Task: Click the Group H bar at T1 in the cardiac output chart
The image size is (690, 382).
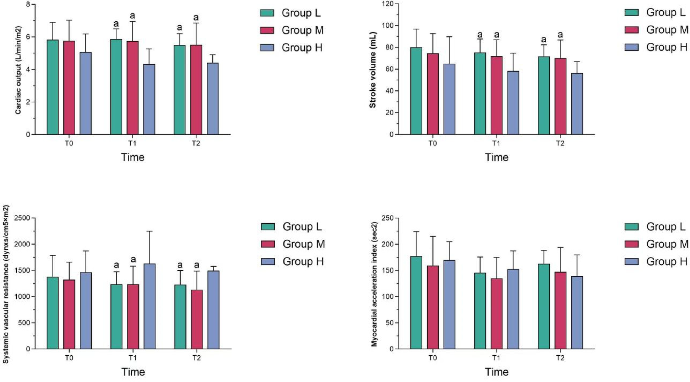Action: click(x=149, y=99)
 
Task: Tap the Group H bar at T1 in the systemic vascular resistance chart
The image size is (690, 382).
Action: click(x=150, y=306)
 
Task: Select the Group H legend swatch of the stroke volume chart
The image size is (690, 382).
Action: click(x=631, y=47)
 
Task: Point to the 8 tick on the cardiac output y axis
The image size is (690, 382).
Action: click(x=28, y=5)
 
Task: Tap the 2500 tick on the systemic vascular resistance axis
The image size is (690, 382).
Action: click(x=22, y=218)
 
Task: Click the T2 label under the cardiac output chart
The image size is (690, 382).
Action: click(x=196, y=143)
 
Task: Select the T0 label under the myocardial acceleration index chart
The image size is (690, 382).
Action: click(x=433, y=357)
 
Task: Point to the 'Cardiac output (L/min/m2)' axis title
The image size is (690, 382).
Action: click(x=18, y=70)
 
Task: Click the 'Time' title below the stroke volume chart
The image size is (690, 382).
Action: click(x=496, y=157)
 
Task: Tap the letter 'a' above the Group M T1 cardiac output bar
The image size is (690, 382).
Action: click(x=132, y=16)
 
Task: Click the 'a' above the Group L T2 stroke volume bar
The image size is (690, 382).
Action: click(x=544, y=39)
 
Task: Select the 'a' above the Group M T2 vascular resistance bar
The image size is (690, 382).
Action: click(x=196, y=265)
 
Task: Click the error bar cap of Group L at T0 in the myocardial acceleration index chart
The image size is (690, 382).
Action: click(x=416, y=232)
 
